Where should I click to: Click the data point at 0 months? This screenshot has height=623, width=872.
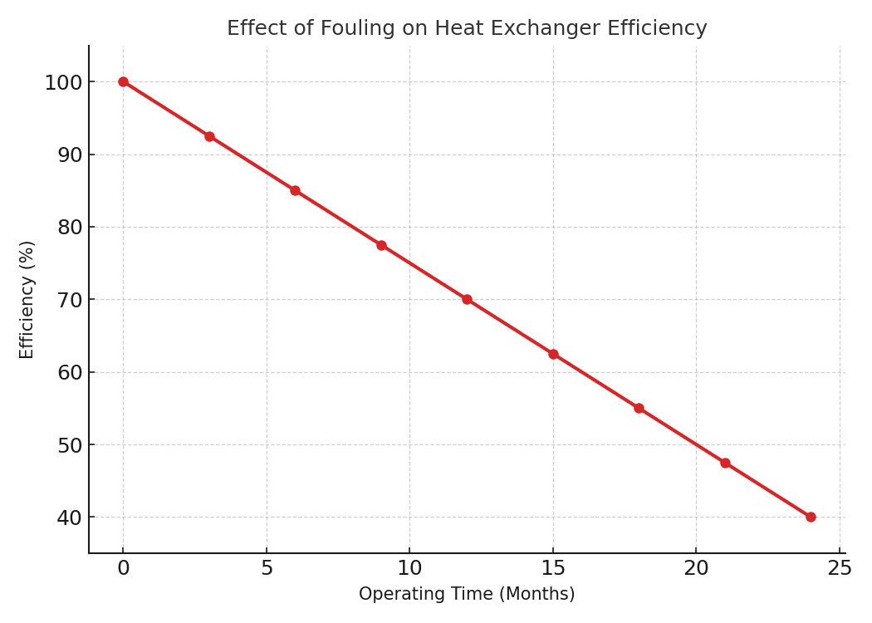click(124, 81)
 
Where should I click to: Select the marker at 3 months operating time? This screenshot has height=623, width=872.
click(209, 136)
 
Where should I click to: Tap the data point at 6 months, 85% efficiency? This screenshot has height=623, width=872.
click(296, 191)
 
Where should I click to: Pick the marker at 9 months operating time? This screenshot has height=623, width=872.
click(381, 245)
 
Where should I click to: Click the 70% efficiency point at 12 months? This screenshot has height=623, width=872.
click(467, 299)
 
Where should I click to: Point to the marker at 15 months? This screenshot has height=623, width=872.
click(553, 354)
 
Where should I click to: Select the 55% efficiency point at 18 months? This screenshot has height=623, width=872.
click(639, 409)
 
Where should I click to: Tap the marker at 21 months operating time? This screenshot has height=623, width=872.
click(725, 463)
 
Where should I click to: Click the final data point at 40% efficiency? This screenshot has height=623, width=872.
click(811, 518)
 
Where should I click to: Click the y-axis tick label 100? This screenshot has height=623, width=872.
click(63, 82)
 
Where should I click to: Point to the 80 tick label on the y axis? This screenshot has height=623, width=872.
click(70, 228)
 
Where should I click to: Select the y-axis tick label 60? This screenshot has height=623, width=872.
click(70, 373)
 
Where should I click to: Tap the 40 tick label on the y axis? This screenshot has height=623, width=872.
click(70, 518)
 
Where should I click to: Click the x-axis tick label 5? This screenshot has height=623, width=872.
click(267, 568)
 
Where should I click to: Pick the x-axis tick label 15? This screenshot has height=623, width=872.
click(553, 568)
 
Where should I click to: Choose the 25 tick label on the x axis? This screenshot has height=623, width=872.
click(840, 568)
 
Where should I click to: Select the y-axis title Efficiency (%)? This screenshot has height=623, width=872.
click(27, 300)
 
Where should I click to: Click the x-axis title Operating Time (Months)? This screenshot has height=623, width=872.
click(467, 594)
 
